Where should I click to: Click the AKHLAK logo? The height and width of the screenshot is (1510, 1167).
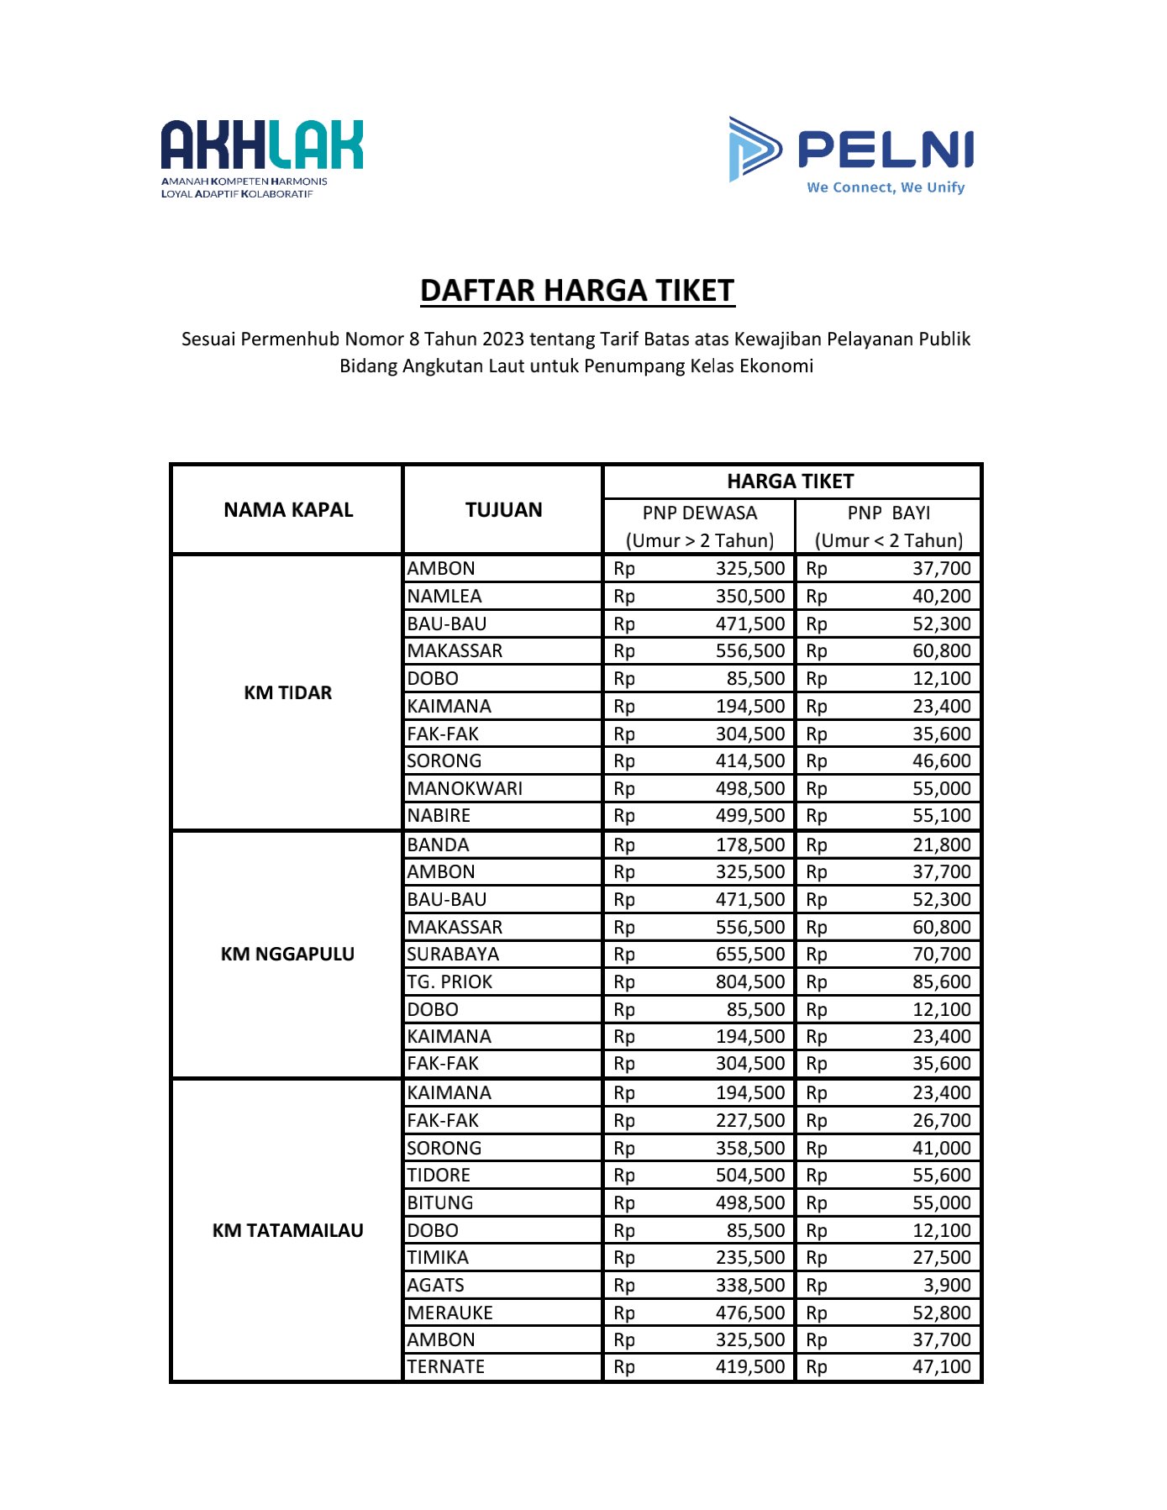261,157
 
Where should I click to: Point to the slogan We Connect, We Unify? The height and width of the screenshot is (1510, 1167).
885,187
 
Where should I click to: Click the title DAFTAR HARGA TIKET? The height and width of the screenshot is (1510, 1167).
577,291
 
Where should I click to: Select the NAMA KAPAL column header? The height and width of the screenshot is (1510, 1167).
288,510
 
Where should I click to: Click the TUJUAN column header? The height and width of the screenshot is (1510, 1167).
503,510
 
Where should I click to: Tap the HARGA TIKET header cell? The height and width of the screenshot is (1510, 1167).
790,481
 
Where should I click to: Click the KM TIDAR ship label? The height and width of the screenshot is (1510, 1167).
287,693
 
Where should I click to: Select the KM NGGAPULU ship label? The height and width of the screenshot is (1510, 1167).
287,955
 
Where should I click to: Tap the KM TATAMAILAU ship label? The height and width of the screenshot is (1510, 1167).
287,1231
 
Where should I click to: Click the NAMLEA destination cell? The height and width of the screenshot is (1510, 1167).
444,597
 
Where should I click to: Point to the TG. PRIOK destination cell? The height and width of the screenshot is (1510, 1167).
449,982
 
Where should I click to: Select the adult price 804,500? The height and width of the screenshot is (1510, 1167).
749,982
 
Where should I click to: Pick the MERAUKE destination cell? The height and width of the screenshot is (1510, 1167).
449,1313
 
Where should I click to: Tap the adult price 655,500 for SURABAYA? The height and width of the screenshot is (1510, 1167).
749,955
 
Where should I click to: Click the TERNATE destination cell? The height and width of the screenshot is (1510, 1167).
445,1367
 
